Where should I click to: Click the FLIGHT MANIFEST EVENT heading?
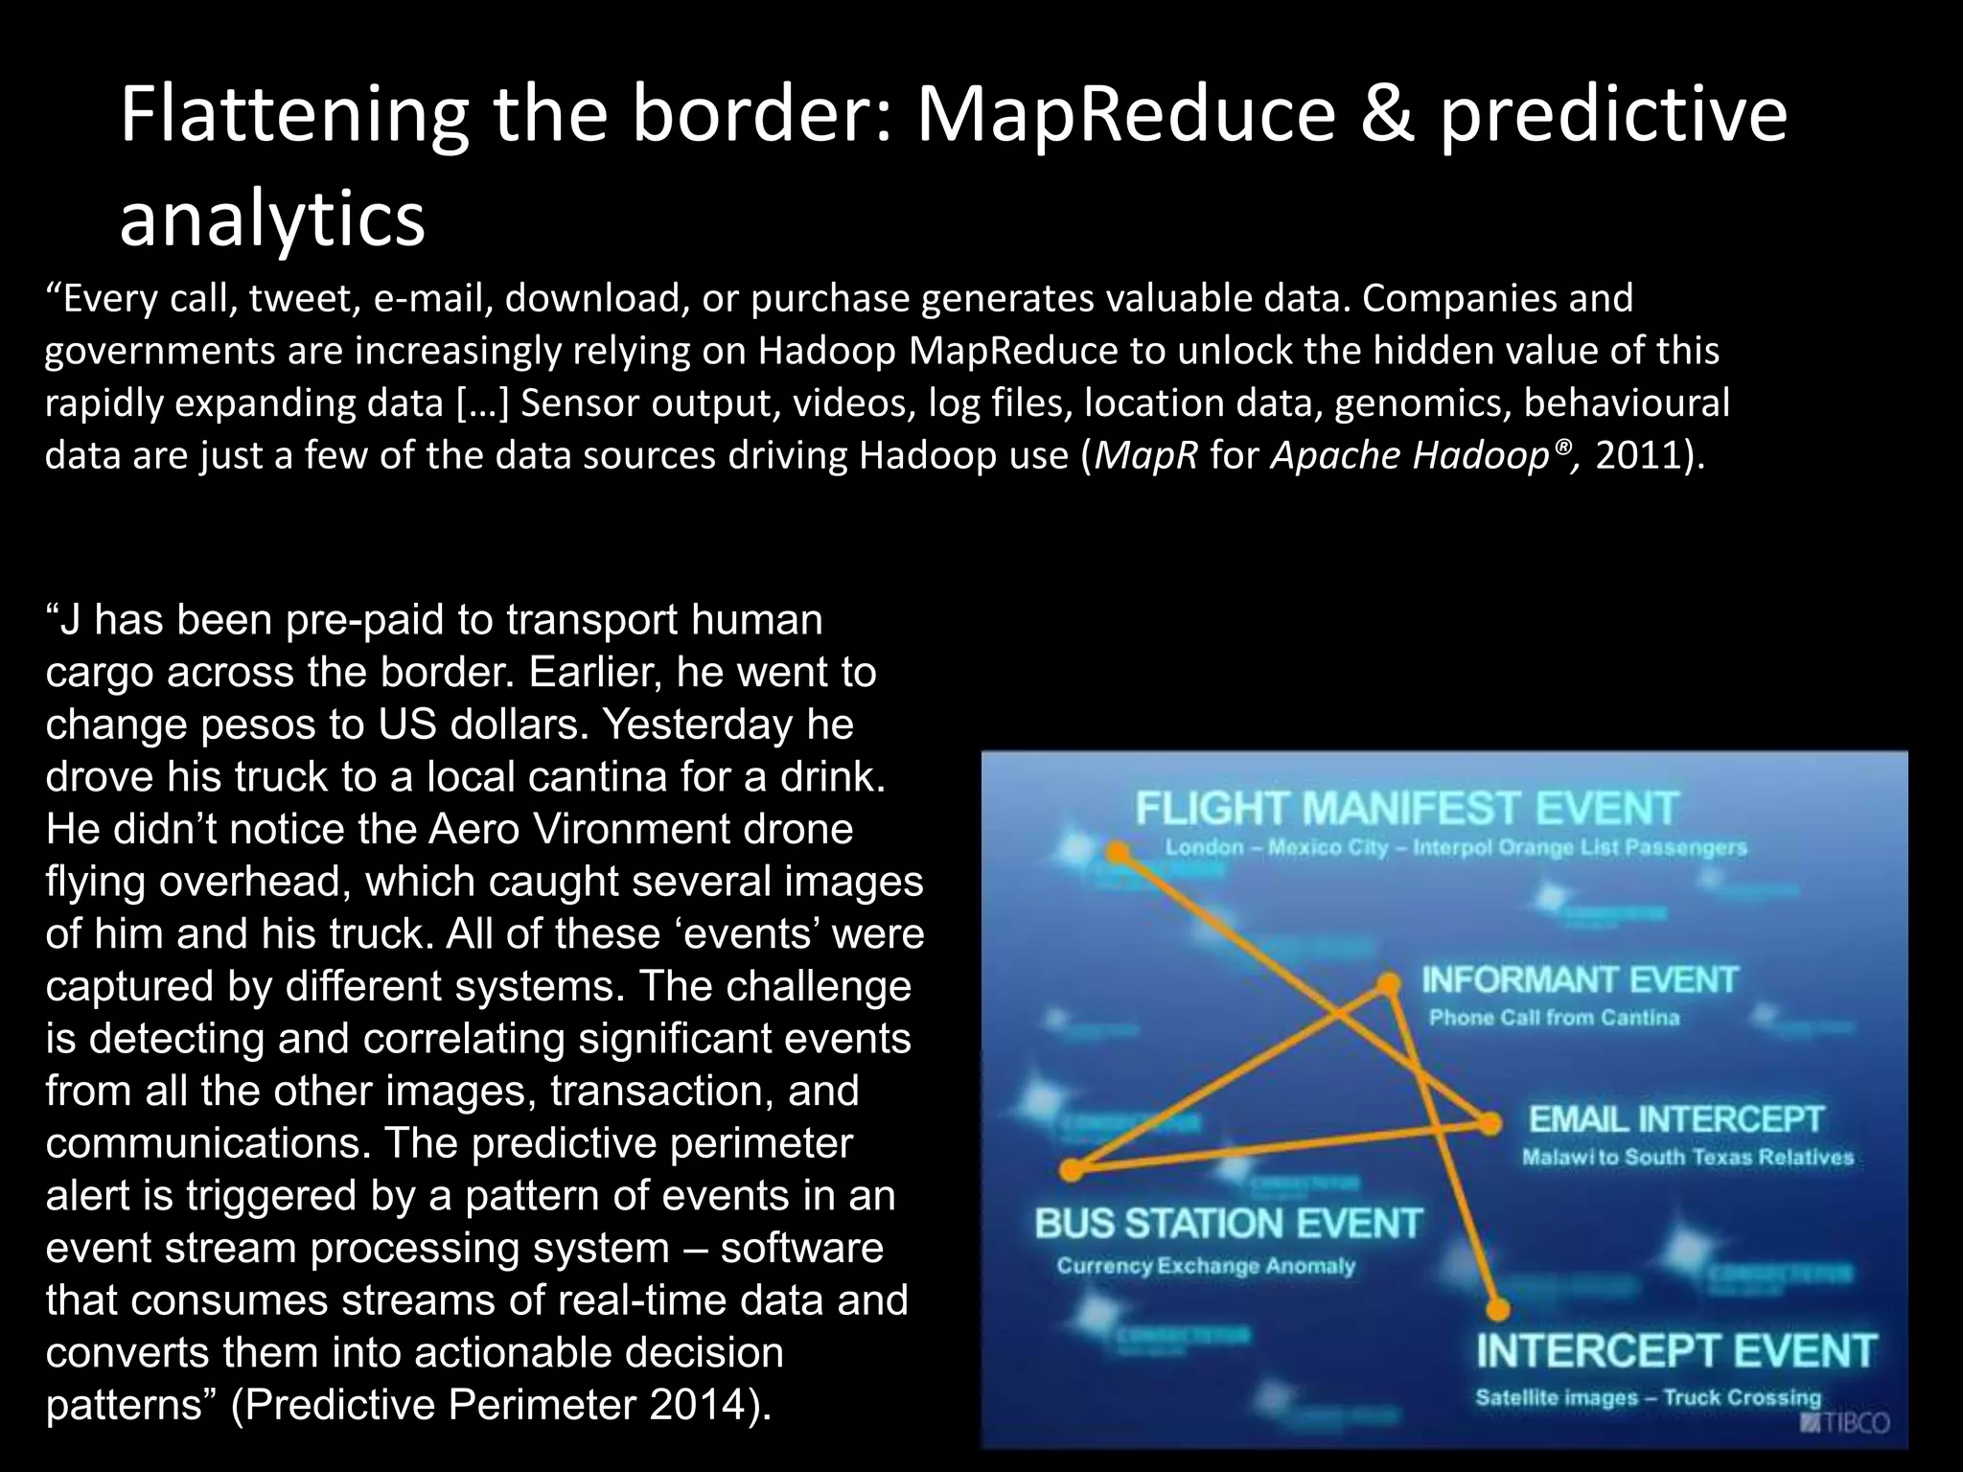point(1406,809)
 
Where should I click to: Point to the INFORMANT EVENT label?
point(1579,980)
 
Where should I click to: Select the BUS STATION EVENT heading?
point(1228,1224)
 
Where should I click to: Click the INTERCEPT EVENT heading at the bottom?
point(1675,1351)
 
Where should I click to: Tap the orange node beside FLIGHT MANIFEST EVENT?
point(1118,852)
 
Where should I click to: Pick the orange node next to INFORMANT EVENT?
point(1388,984)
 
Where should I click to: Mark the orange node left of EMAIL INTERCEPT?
point(1490,1123)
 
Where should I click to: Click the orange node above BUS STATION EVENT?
point(1074,1169)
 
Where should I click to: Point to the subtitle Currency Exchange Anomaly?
point(1206,1266)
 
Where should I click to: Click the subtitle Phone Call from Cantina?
point(1554,1018)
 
